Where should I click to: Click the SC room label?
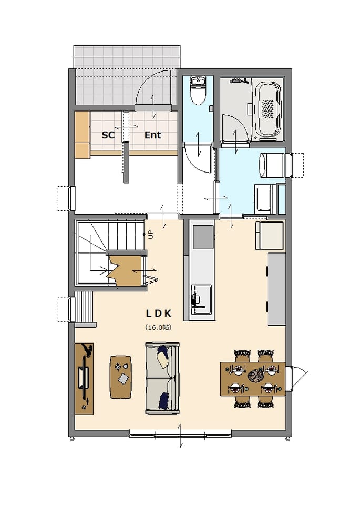pyautogui.click(x=108, y=135)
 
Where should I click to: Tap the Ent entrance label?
pyautogui.click(x=152, y=135)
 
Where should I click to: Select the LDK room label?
pyautogui.click(x=159, y=314)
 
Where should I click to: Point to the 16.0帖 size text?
pyautogui.click(x=158, y=328)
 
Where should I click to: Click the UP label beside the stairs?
pyautogui.click(x=150, y=235)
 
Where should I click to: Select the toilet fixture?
pyautogui.click(x=198, y=90)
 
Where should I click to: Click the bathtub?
pyautogui.click(x=268, y=109)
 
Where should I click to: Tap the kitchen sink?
pyautogui.click(x=201, y=299)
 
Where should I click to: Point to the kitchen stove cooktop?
pyautogui.click(x=203, y=237)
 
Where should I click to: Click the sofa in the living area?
pyautogui.click(x=162, y=378)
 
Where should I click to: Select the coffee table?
pyautogui.click(x=121, y=377)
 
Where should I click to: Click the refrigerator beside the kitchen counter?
pyautogui.click(x=270, y=236)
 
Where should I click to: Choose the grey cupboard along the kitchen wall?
pyautogui.click(x=276, y=289)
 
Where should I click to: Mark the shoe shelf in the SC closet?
pyautogui.click(x=83, y=135)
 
